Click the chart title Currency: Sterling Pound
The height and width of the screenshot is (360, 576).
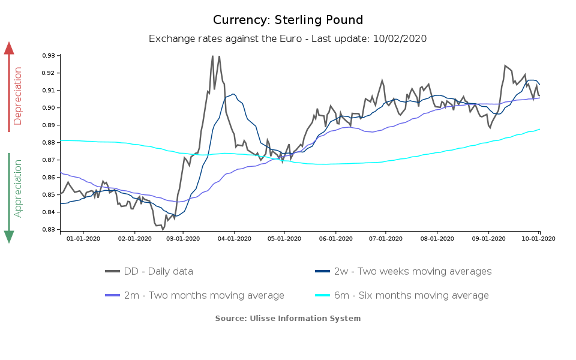click(288, 20)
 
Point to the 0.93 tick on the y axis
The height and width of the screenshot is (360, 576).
click(49, 56)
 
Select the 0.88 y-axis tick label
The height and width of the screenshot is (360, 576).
click(49, 143)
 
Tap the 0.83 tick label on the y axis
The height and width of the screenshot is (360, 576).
click(49, 230)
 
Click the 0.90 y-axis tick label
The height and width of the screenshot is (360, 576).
click(49, 108)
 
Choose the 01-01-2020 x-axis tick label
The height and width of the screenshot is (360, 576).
click(83, 238)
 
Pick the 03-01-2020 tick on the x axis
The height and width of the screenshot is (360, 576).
click(183, 238)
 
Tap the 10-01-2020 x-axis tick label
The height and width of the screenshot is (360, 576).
click(538, 238)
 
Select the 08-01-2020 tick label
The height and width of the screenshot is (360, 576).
click(437, 238)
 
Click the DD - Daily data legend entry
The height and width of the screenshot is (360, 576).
click(149, 271)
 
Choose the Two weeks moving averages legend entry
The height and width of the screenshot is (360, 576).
click(403, 271)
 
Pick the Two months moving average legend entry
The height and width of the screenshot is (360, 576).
click(194, 295)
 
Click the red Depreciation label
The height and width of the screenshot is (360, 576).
click(18, 96)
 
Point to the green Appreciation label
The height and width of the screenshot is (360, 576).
click(18, 188)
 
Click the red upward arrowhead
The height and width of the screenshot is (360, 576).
click(9, 48)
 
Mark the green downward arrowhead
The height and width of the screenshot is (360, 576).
click(9, 236)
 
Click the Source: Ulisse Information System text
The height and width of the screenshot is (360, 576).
click(288, 318)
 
